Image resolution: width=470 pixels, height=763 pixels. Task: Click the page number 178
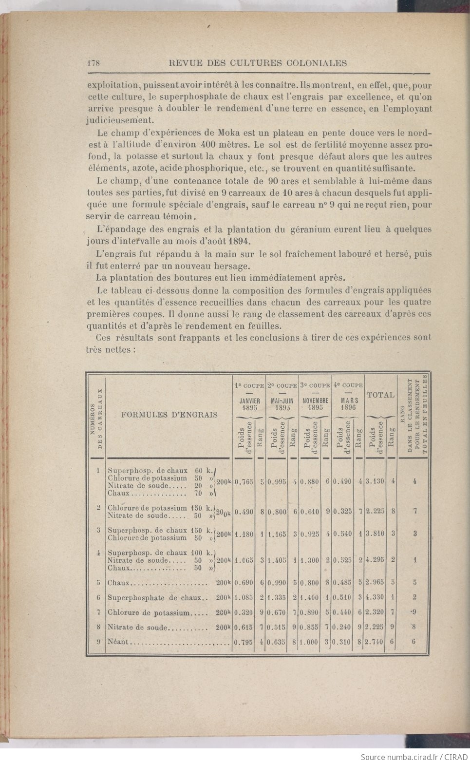click(x=93, y=63)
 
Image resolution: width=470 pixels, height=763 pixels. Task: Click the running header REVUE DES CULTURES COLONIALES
click(x=257, y=63)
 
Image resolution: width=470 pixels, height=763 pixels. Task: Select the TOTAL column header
click(x=380, y=395)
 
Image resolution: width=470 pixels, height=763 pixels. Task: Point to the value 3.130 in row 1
click(x=376, y=481)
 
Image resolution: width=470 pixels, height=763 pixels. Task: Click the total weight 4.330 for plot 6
click(x=376, y=597)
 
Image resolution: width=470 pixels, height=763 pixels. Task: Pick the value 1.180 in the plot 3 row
click(x=244, y=534)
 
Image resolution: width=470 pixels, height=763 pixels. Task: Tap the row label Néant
click(x=117, y=642)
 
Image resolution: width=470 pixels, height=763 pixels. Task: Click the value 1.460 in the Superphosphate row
click(x=309, y=597)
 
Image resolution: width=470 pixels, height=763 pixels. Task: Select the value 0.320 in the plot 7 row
click(x=244, y=612)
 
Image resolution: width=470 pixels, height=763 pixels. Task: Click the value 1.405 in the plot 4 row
click(x=277, y=560)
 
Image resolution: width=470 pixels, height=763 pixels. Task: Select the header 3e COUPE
click(x=314, y=385)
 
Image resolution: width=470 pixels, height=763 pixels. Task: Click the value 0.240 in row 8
click(x=342, y=627)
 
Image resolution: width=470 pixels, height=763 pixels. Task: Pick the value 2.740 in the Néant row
click(x=376, y=642)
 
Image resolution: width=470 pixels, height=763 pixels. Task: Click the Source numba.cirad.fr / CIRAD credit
click(x=414, y=757)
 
